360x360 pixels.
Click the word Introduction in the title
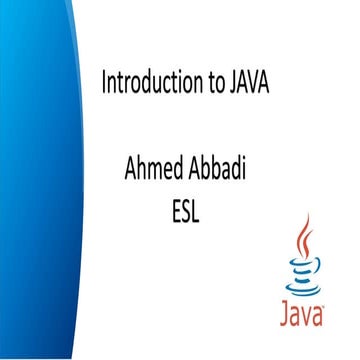pos(150,84)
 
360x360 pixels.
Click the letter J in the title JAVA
pos(238,84)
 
